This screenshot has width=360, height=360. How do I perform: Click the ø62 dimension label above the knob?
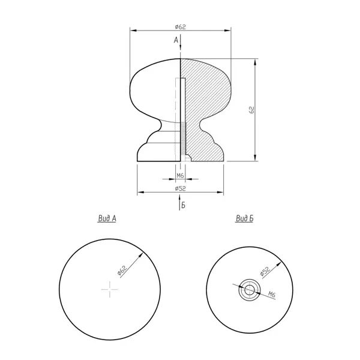coord(180,27)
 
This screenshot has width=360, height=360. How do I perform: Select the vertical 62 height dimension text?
coord(251,110)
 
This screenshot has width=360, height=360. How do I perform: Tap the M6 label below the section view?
coord(180,176)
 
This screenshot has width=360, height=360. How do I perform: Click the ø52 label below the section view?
coord(180,188)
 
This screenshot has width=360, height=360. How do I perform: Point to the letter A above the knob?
coord(176,40)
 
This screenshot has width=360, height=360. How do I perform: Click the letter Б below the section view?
coord(183,205)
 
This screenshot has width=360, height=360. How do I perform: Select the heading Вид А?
coord(107,218)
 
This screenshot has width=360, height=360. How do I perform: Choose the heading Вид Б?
coord(245,218)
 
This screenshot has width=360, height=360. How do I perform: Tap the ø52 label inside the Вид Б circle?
coord(265,271)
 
